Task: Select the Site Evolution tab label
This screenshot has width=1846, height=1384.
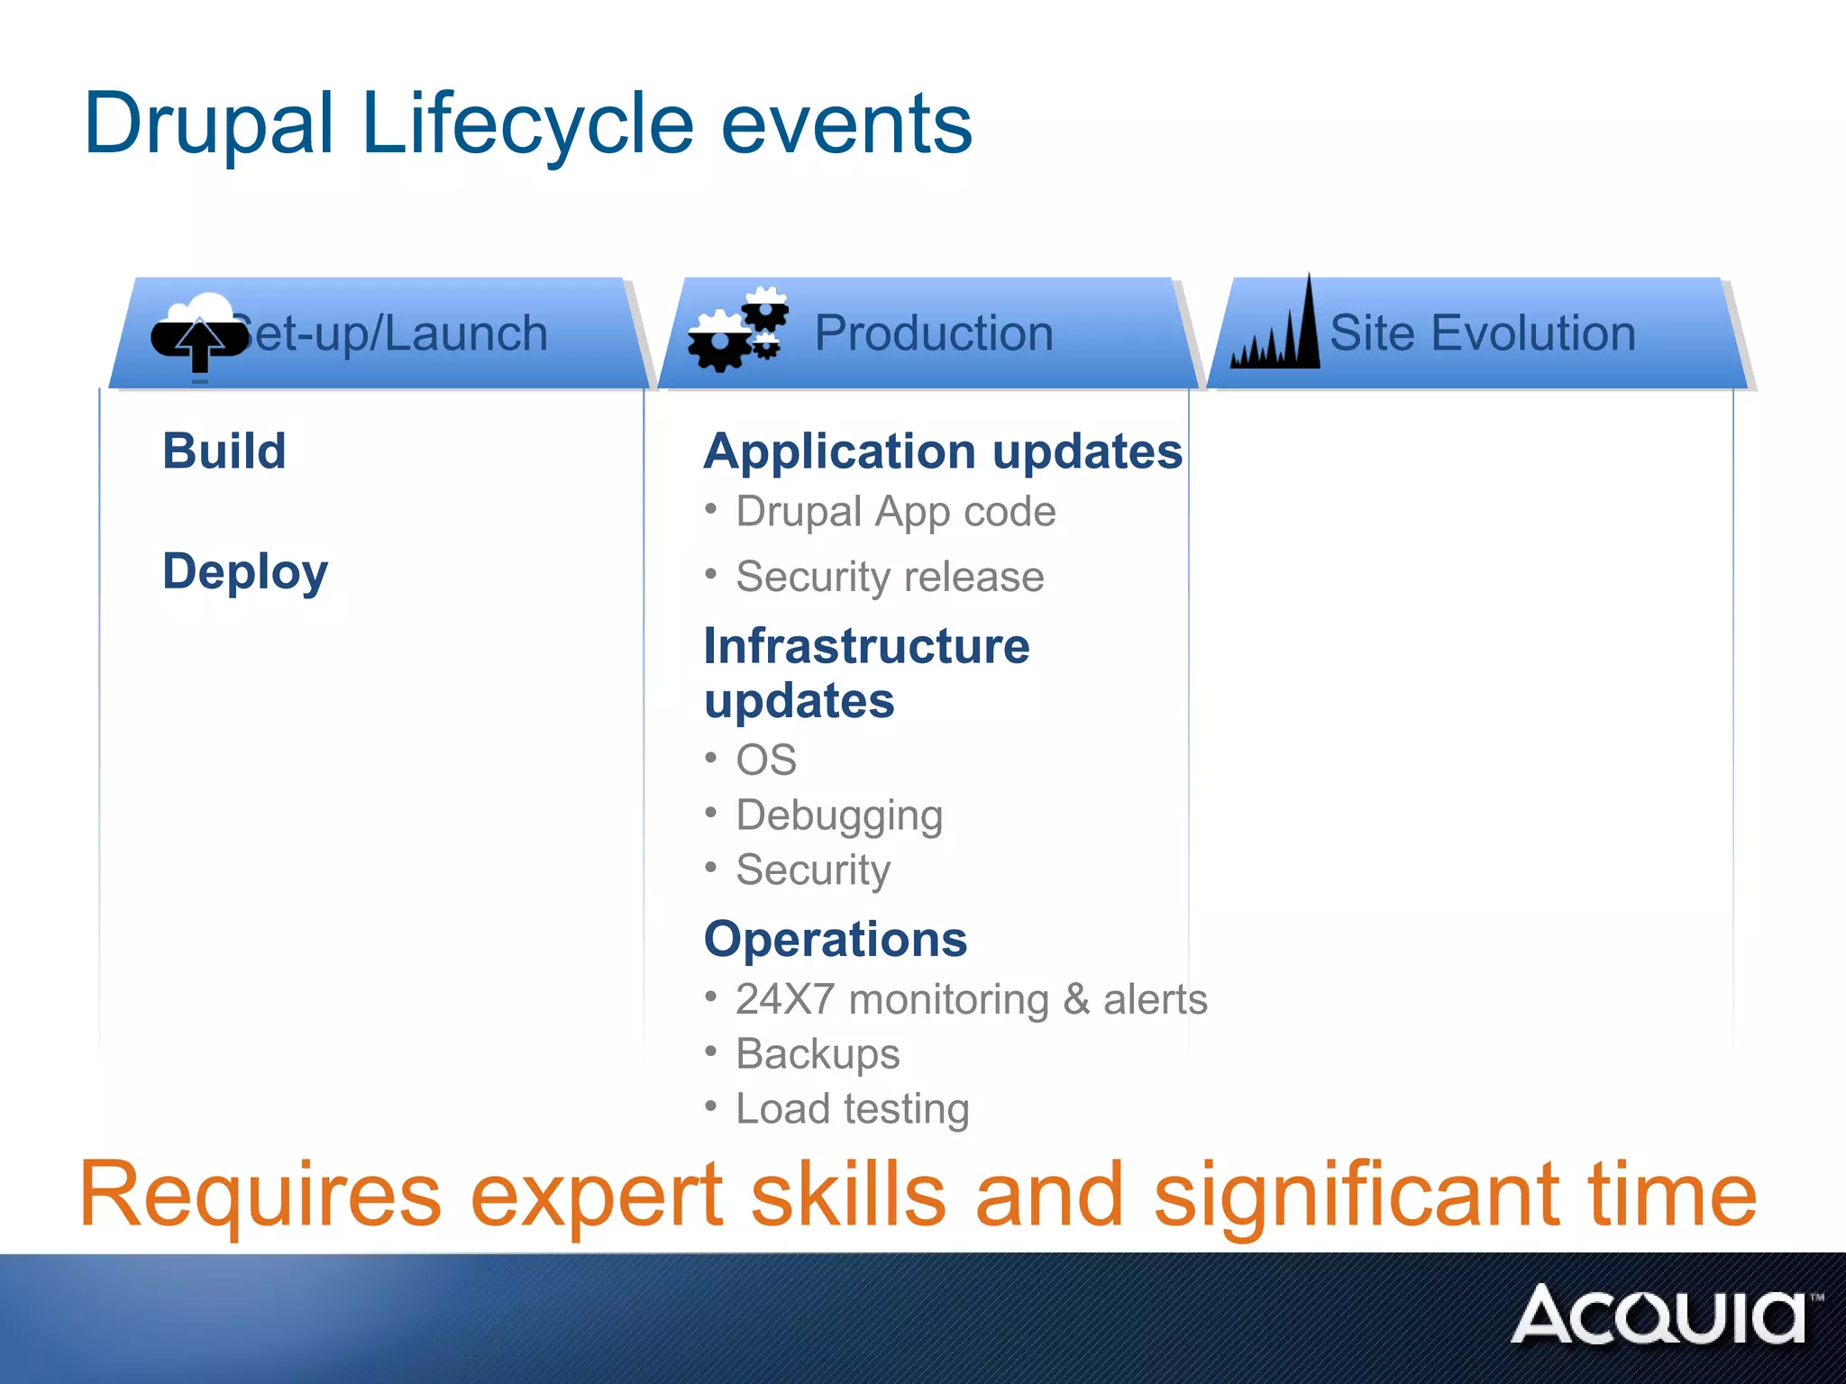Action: point(1482,333)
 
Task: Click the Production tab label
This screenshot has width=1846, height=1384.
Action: point(934,333)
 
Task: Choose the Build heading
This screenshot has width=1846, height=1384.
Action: point(224,451)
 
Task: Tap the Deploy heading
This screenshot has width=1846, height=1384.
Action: point(245,571)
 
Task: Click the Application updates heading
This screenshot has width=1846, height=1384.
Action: point(943,451)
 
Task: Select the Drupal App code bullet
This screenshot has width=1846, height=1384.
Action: point(895,512)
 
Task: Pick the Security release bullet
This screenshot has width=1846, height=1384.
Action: point(890,577)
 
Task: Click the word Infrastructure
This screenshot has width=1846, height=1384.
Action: point(866,646)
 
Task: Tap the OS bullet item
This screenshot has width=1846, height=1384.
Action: point(766,760)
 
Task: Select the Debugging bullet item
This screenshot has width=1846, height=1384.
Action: point(839,815)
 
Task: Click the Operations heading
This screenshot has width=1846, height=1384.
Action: point(836,939)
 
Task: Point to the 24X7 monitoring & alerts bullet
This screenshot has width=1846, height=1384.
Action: point(971,999)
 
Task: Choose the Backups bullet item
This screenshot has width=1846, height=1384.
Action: point(818,1054)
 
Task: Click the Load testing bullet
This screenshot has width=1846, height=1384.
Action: point(852,1109)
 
